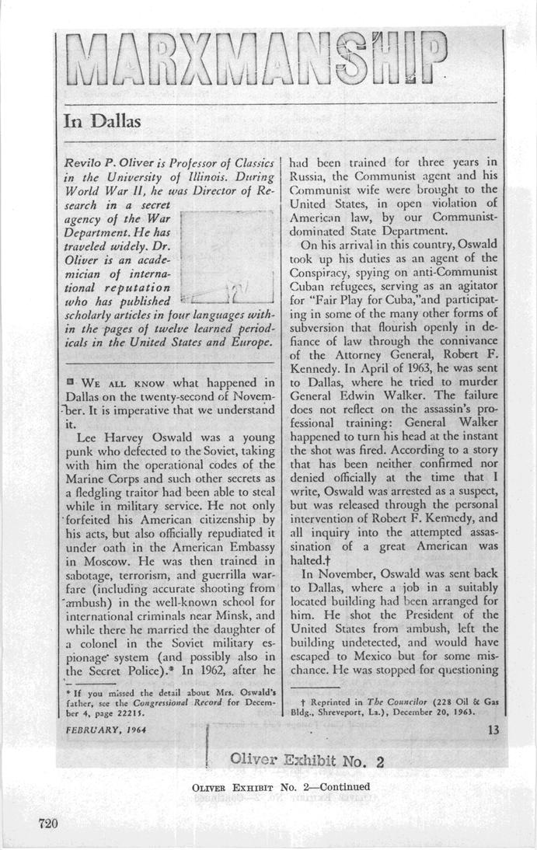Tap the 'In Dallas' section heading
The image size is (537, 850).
click(x=102, y=121)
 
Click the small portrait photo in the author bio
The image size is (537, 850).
click(x=225, y=256)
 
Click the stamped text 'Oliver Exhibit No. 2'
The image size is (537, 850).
click(x=308, y=760)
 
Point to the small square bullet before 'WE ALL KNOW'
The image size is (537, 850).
click(x=71, y=382)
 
